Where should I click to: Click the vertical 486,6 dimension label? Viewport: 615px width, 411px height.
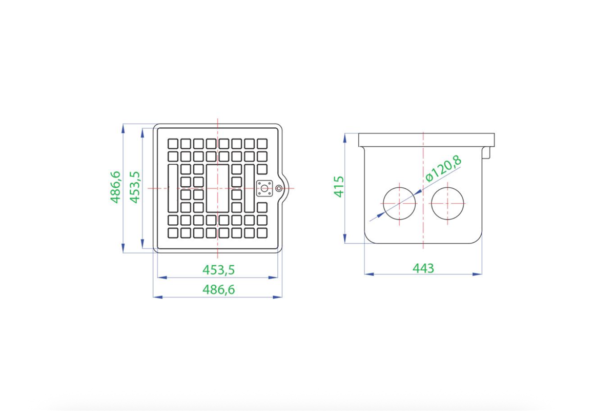click(116, 187)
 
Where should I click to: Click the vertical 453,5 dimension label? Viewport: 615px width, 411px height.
click(135, 187)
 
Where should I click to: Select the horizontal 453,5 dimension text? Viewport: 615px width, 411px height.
click(219, 270)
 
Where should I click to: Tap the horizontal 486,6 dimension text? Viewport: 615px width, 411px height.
click(219, 289)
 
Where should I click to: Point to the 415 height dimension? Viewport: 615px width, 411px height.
click(339, 187)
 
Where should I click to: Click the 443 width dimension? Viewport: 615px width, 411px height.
click(423, 268)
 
